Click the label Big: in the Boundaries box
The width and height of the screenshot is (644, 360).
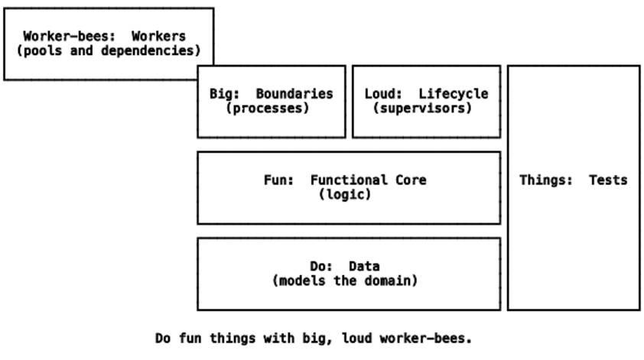225,94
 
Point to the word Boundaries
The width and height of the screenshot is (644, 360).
294,94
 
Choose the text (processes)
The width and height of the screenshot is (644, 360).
267,109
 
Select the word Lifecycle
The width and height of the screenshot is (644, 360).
453,94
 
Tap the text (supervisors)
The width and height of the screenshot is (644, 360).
422,109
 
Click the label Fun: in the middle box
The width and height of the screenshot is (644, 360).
278,180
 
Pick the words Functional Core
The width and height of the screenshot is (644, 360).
368,180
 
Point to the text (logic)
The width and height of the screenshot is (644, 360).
344,195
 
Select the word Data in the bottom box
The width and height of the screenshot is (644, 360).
364,267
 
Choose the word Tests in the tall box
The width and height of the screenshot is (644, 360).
608,180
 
